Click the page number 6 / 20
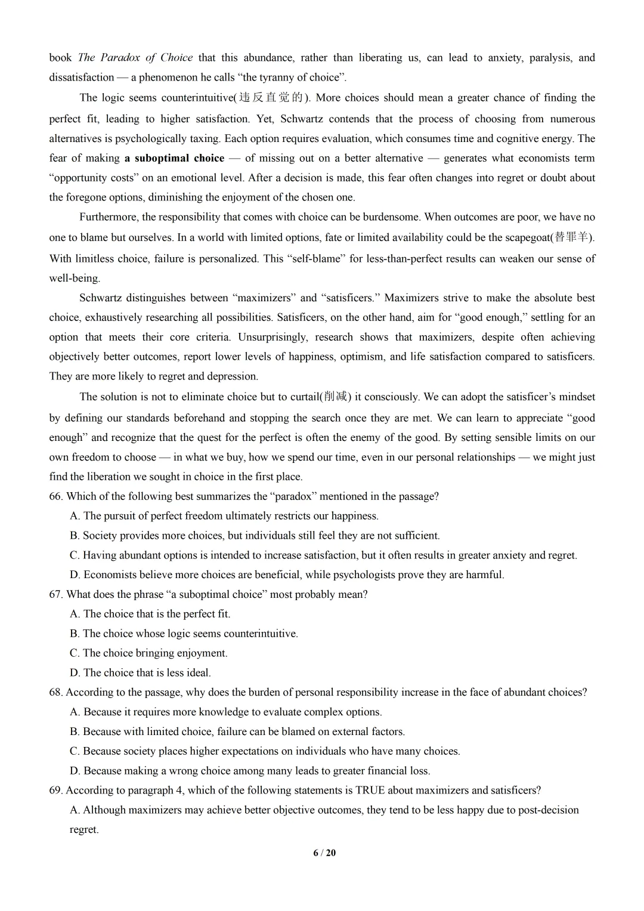click(324, 853)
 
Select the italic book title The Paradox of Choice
click(135, 58)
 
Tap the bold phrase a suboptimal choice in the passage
click(174, 158)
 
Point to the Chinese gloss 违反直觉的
click(272, 98)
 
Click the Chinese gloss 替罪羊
click(572, 237)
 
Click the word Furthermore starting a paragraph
click(108, 217)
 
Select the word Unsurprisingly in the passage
click(273, 337)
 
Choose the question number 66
click(56, 496)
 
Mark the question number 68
click(56, 693)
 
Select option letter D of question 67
click(75, 673)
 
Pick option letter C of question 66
click(75, 555)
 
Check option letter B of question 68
click(75, 732)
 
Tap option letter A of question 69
click(75, 810)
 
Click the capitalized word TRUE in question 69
click(370, 790)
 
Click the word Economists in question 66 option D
click(109, 575)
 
